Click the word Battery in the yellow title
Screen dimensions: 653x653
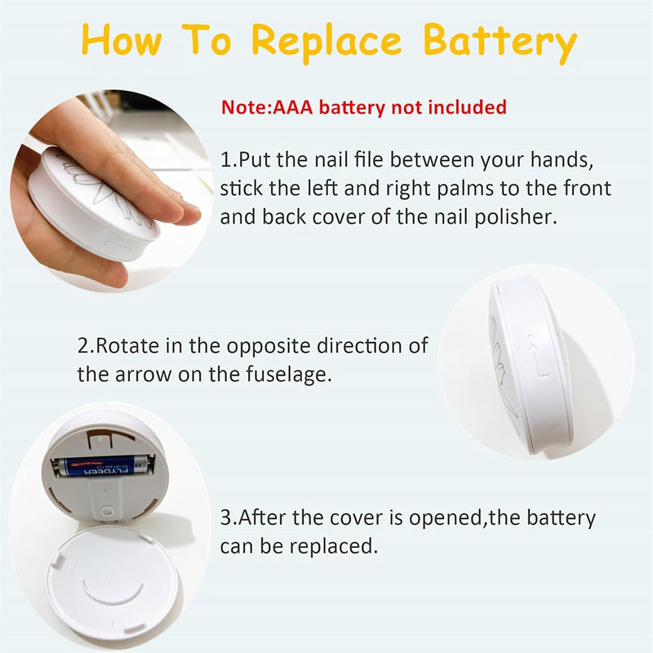(500, 42)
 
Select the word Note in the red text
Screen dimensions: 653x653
(246, 108)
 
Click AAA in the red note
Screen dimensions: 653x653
(292, 108)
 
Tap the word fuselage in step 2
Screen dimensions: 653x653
(289, 375)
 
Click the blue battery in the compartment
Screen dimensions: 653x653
(103, 465)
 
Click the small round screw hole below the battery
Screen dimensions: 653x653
(108, 511)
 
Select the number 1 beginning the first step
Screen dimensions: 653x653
(226, 160)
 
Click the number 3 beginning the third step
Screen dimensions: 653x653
(226, 518)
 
